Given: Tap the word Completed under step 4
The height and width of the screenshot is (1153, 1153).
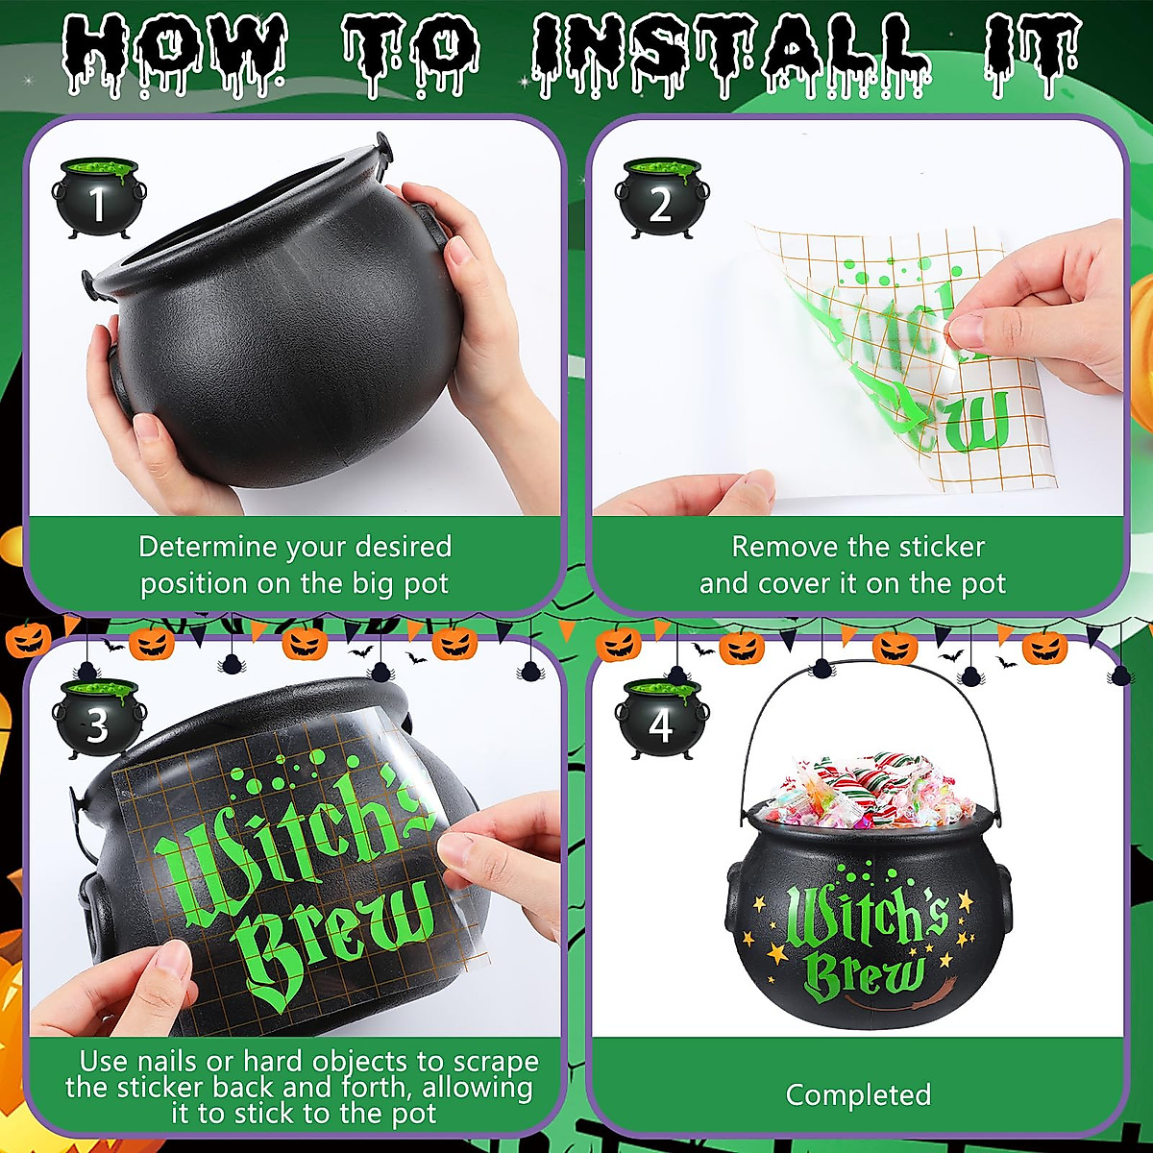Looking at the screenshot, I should (x=858, y=1094).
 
